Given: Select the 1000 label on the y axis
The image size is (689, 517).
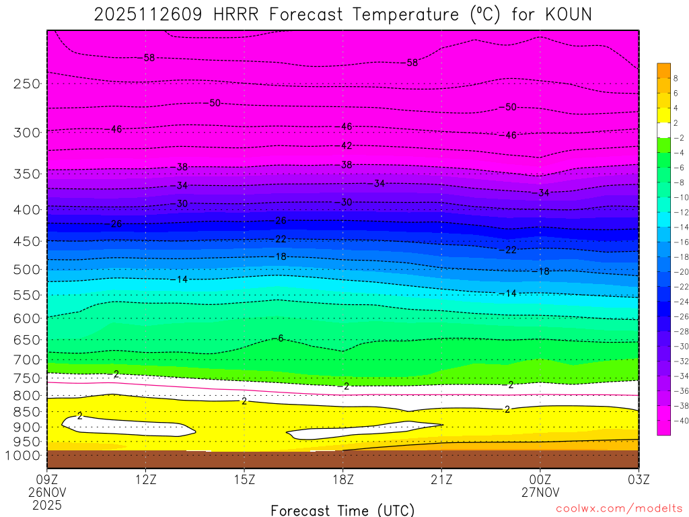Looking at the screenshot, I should (x=24, y=456).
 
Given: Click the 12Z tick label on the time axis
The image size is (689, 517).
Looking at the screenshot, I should (x=146, y=480).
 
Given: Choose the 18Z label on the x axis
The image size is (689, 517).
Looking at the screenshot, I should (x=342, y=480).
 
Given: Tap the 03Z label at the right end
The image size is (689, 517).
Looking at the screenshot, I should (x=638, y=480).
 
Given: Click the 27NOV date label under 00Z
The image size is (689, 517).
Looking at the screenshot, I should (x=540, y=492).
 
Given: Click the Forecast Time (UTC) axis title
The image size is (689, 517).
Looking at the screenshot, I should (x=342, y=510).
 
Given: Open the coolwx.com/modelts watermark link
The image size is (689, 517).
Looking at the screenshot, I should (x=619, y=509).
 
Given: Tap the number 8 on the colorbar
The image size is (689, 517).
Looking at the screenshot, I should (x=676, y=78).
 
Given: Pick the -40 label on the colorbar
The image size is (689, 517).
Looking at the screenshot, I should (x=678, y=421).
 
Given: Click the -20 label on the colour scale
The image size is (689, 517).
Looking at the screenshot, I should (x=678, y=272).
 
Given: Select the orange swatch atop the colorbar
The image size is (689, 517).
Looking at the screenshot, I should (x=664, y=70).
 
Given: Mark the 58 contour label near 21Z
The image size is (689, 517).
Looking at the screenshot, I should (x=412, y=63).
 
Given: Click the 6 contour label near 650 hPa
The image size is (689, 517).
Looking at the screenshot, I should (x=280, y=338).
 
